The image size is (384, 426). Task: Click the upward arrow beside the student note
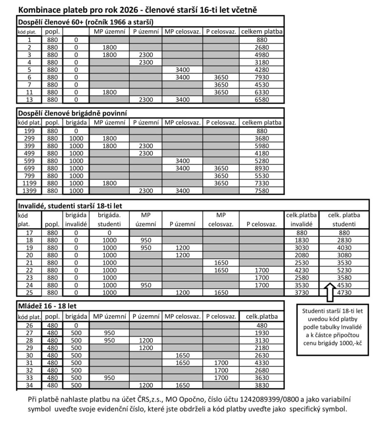[x=329, y=292]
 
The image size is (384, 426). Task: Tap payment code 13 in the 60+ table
[x=29, y=99]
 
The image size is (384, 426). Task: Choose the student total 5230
[x=344, y=270]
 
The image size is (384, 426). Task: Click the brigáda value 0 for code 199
[x=76, y=131]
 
